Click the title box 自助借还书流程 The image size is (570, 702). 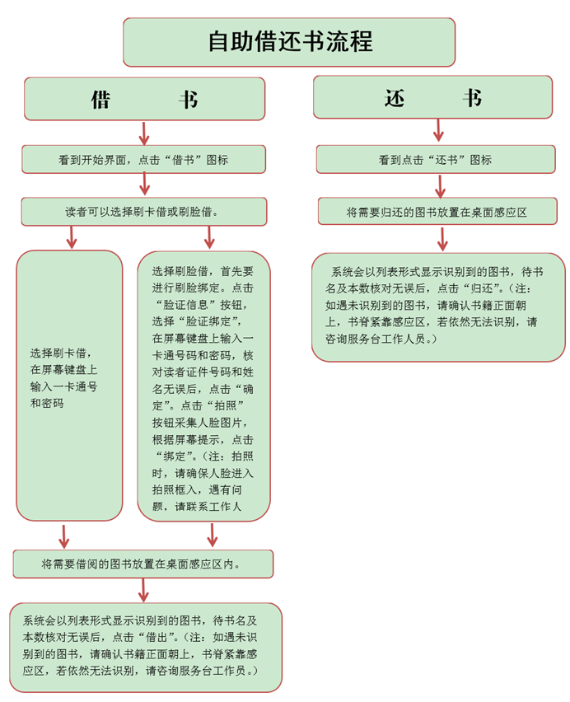point(290,41)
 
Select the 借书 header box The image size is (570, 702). point(144,99)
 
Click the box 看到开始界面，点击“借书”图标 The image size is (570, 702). point(143,160)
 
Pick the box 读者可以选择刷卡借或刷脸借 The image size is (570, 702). point(143,212)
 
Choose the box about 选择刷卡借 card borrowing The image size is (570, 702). point(69,384)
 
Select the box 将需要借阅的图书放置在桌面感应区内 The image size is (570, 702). point(143,564)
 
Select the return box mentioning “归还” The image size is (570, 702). point(437,306)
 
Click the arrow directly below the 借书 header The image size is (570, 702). point(144,133)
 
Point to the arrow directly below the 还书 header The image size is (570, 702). point(438,130)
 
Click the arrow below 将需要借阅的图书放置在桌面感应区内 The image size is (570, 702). point(144,590)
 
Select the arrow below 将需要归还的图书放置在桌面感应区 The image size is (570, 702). point(442,238)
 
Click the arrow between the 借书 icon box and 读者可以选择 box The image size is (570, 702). point(144,185)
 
